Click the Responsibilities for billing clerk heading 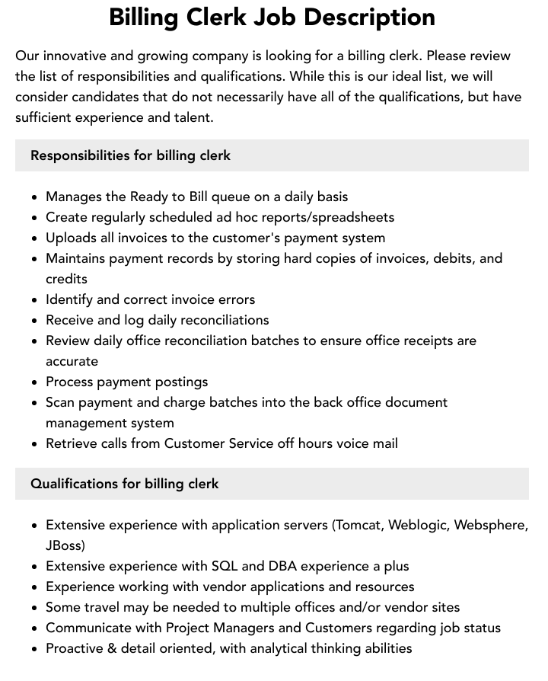pyautogui.click(x=130, y=155)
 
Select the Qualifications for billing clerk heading pyautogui.click(x=125, y=484)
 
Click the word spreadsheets pyautogui.click(x=354, y=217)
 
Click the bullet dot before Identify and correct pyautogui.click(x=34, y=300)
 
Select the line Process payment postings pyautogui.click(x=126, y=382)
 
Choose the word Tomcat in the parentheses pyautogui.click(x=359, y=525)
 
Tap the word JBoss pyautogui.click(x=63, y=545)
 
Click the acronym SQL pyautogui.click(x=225, y=566)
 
